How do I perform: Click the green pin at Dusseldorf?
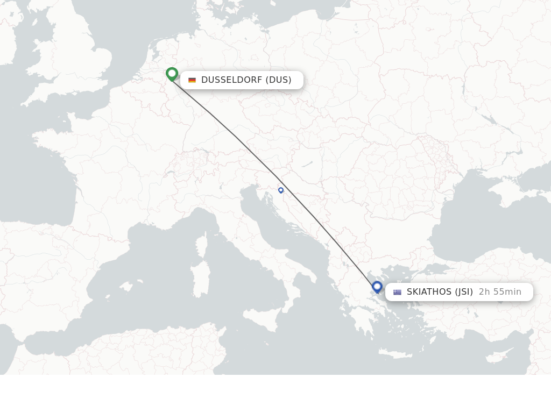tap(172, 73)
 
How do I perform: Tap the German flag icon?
tap(192, 80)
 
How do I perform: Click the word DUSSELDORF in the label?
tap(231, 80)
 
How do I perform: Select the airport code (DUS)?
tap(278, 80)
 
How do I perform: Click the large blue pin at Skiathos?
tap(377, 287)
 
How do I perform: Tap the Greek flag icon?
tap(397, 292)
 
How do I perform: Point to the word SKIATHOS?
tap(429, 292)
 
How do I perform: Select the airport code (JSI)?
tap(464, 292)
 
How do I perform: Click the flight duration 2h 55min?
tap(500, 292)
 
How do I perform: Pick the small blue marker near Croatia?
tap(281, 190)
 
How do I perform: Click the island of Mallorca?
tap(127, 287)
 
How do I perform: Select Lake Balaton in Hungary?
tap(307, 165)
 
